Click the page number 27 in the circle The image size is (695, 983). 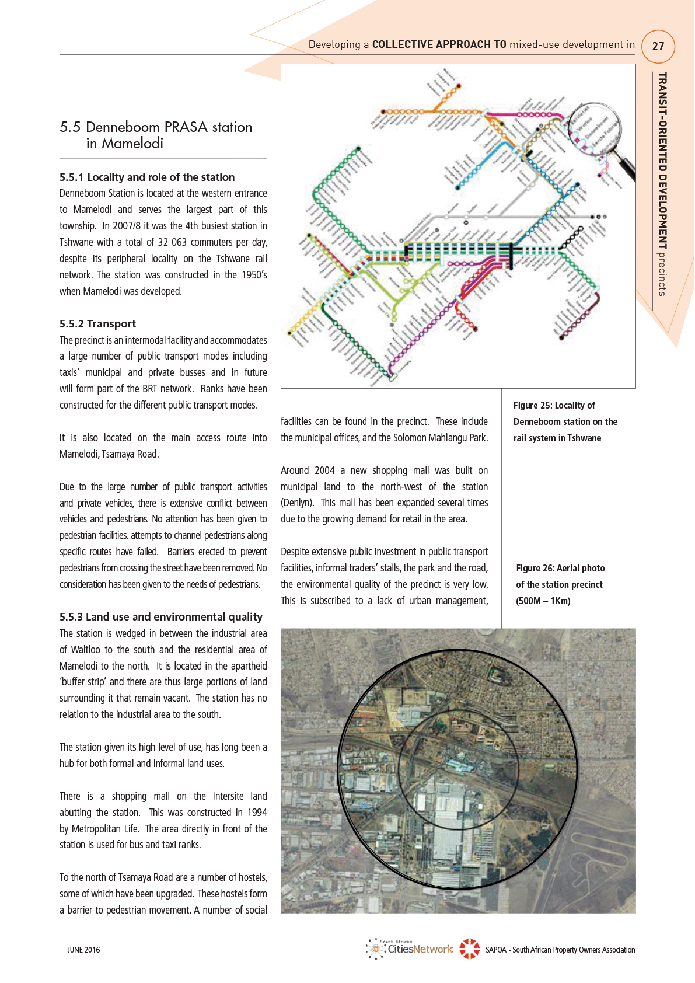tap(658, 46)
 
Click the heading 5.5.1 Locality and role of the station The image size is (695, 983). tap(147, 177)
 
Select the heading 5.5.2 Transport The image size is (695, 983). tap(97, 323)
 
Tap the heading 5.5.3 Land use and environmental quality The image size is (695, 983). tap(161, 616)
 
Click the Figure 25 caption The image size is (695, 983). tap(565, 421)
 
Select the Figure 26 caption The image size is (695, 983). tap(560, 584)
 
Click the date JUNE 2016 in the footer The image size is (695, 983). tap(83, 950)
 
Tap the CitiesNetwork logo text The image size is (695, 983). tap(420, 949)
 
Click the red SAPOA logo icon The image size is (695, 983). tap(469, 949)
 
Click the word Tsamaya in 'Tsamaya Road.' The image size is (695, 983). tap(118, 454)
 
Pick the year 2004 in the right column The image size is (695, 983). tap(324, 470)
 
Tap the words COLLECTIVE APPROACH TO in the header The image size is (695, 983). tap(439, 44)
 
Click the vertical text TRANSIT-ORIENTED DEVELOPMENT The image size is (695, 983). tap(662, 161)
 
